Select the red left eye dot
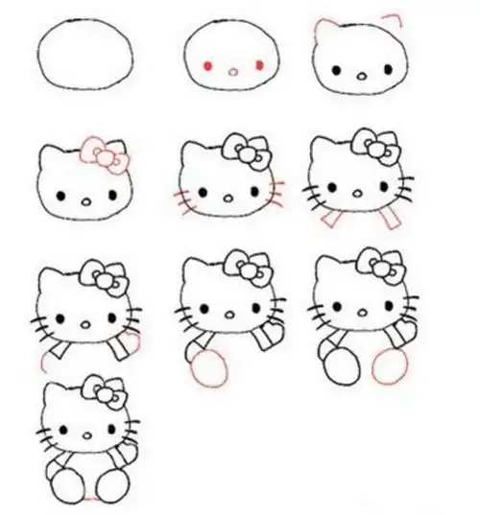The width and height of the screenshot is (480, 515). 208,66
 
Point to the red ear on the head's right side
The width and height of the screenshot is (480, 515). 392,18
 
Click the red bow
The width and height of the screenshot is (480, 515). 105,155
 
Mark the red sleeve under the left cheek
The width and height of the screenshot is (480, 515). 328,220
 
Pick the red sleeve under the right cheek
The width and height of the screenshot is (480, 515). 391,217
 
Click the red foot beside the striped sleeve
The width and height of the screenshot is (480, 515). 208,367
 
